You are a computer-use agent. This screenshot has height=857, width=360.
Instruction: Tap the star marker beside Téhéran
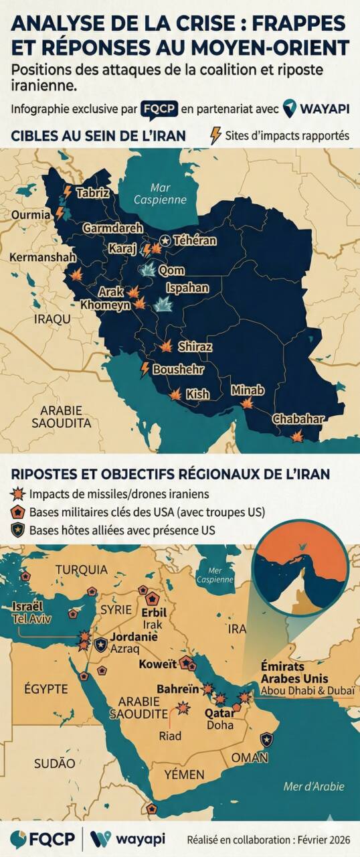165,240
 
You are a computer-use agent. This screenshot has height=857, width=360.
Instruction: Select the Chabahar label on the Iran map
298,420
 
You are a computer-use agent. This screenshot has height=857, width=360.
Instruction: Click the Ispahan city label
188,289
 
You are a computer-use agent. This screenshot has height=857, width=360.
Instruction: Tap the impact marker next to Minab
247,403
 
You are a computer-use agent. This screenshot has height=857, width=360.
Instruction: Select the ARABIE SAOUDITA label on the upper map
61,416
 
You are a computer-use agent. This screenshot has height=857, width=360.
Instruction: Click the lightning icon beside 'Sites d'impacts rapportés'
215,136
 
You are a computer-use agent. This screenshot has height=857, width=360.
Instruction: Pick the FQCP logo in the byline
159,108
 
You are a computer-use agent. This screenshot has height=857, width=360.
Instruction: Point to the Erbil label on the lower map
154,613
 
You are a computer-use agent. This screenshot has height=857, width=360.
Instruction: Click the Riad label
171,736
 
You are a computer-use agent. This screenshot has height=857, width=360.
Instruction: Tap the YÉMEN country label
184,774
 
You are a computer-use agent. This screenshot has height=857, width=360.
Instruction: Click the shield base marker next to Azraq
100,645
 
